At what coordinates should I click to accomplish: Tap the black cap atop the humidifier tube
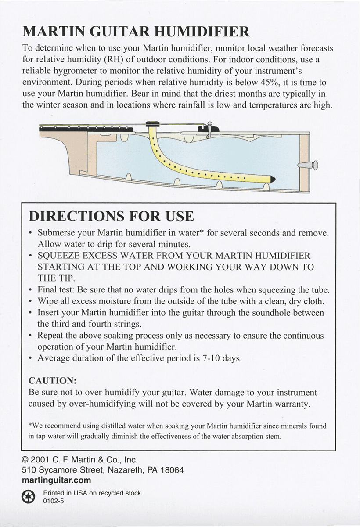[x=152, y=124]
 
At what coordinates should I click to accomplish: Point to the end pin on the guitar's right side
[x=309, y=165]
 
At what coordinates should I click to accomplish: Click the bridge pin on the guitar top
[x=210, y=128]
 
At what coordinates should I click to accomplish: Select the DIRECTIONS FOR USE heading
[x=111, y=216]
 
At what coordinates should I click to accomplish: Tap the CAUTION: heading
[x=52, y=380]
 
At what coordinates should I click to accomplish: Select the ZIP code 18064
[x=172, y=470]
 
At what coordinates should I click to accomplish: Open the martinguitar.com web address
[x=56, y=480]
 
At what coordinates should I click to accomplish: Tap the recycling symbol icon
[x=29, y=497]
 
